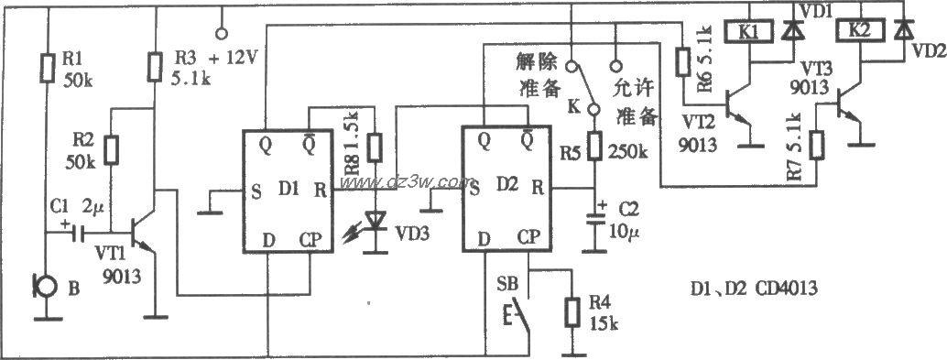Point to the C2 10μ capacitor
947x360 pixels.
point(595,219)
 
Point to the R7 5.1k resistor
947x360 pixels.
point(818,144)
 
